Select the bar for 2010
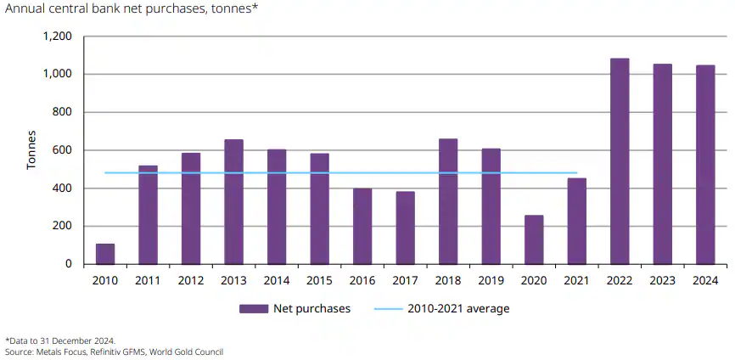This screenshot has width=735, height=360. [x=105, y=254]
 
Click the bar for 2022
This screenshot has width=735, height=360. [x=620, y=161]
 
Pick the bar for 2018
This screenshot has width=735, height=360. [x=448, y=201]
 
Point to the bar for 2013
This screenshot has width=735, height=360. [x=233, y=202]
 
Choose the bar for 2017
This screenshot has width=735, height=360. [x=405, y=228]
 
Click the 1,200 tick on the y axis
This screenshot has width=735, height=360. [x=57, y=37]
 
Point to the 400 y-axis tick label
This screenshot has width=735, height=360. [x=62, y=188]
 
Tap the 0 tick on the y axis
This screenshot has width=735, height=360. [x=69, y=264]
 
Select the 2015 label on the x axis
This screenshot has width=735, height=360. [x=319, y=279]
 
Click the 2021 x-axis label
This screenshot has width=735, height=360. [x=576, y=279]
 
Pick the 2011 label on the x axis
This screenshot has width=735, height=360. [x=148, y=279]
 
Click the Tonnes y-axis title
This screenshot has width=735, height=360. [x=31, y=150]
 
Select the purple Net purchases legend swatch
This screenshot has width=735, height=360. [x=253, y=308]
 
